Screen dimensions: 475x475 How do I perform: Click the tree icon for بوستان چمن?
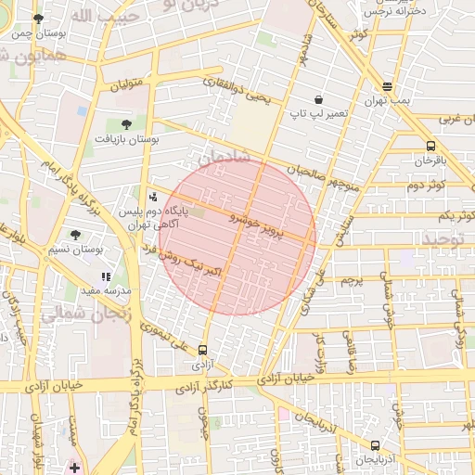pos(38,19)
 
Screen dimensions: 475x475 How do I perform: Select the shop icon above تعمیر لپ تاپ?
pos(319,99)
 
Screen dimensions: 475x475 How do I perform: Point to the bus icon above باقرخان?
pos(430,146)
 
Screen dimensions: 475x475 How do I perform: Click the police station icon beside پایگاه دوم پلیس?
pos(153,197)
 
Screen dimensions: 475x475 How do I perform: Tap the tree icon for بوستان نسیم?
pos(75,236)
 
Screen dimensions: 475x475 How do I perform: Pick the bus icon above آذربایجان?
pos(375,445)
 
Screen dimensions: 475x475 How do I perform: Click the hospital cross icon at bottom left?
pos(73,466)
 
